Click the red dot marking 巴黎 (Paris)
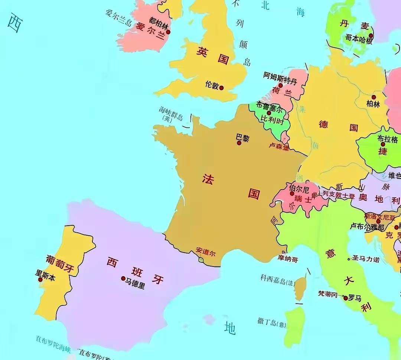(239, 143)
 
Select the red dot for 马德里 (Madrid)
(123, 278)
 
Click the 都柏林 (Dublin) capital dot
(168, 32)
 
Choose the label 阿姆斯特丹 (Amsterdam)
(280, 78)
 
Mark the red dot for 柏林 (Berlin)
(374, 97)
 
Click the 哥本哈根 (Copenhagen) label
(359, 39)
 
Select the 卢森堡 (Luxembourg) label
(279, 147)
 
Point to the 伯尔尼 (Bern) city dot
(292, 193)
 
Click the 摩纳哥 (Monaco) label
(288, 259)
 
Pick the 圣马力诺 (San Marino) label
(366, 259)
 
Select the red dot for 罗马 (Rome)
(346, 298)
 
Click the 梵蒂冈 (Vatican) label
(327, 294)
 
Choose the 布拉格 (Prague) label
(388, 139)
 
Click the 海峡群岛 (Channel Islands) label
(171, 113)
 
